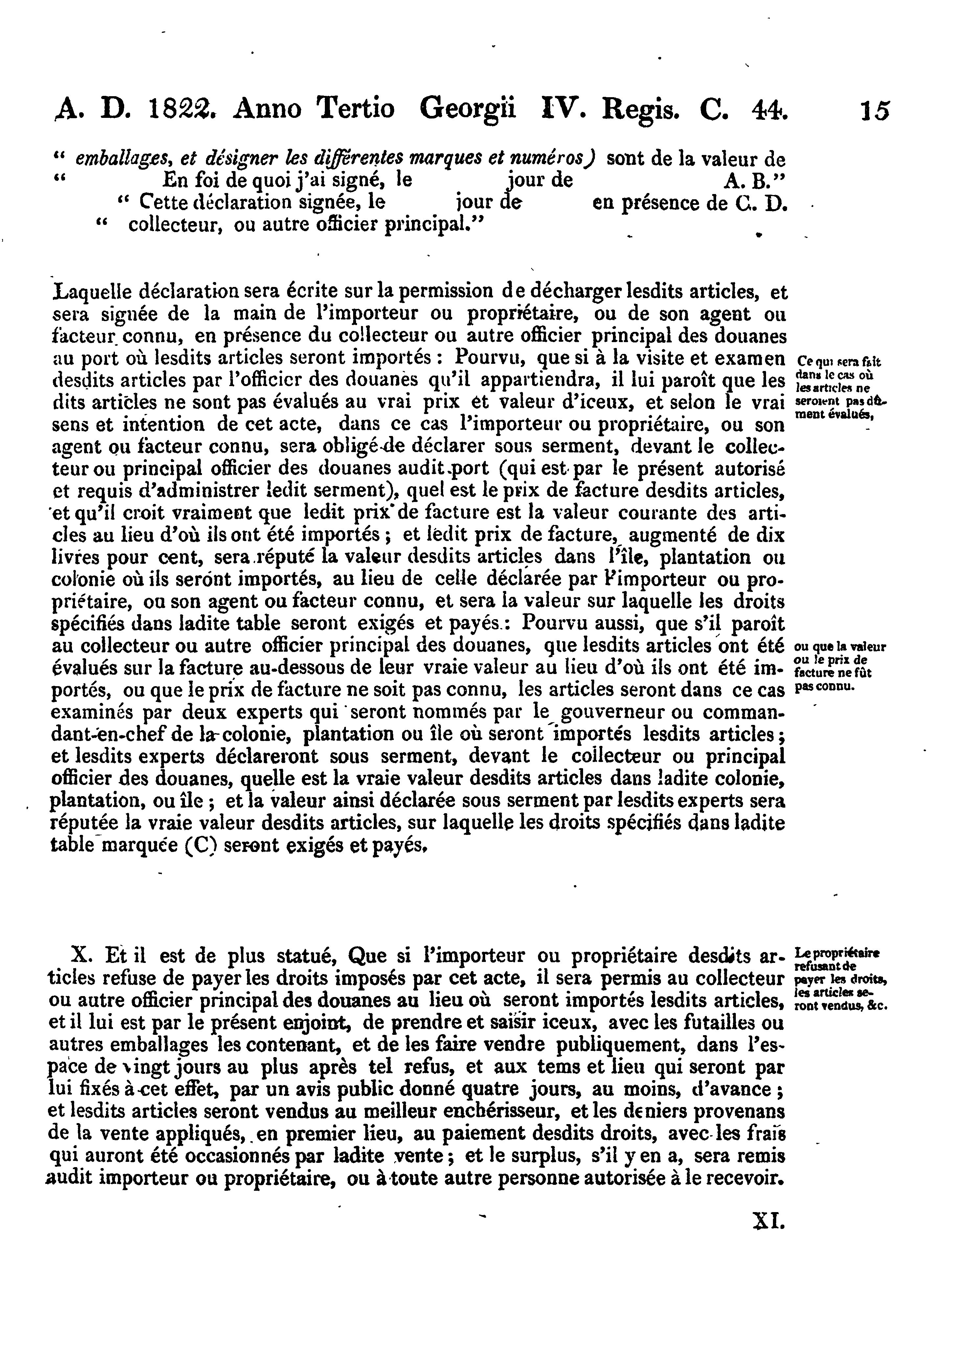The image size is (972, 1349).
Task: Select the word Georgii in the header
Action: point(467,109)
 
